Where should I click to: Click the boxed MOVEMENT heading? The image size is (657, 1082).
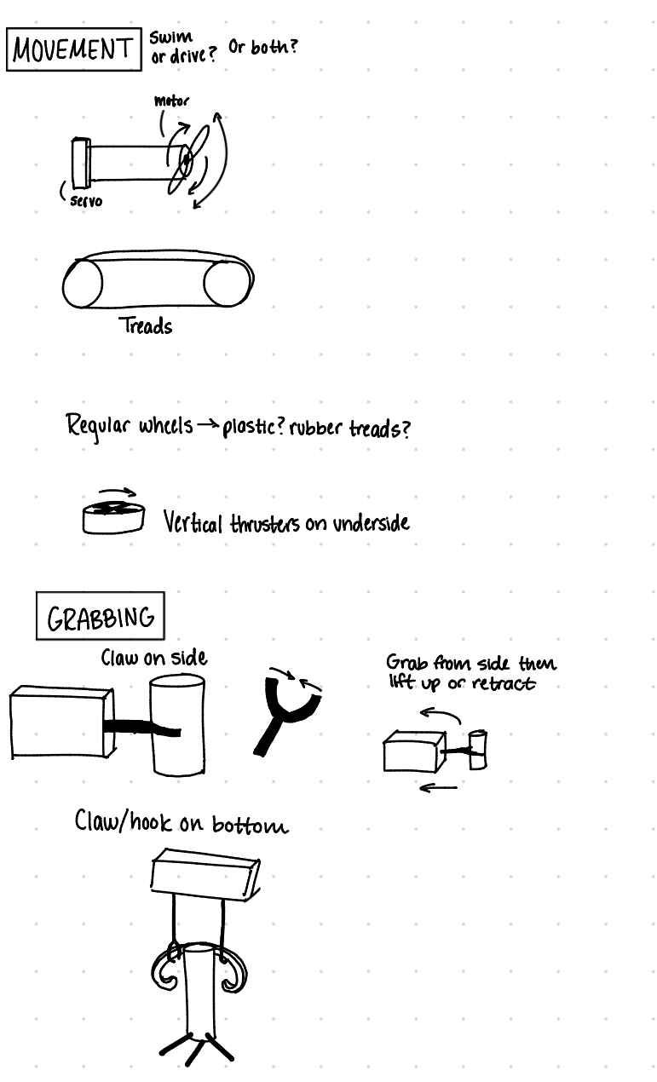click(x=72, y=50)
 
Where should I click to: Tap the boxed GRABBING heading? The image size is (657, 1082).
click(x=100, y=617)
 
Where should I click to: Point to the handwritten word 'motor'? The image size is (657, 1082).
click(x=171, y=101)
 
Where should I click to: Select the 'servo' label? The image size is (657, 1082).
click(x=86, y=201)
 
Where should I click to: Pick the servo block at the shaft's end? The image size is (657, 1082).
click(x=81, y=162)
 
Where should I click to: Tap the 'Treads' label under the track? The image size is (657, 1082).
click(x=146, y=326)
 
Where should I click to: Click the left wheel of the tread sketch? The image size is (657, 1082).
click(x=83, y=285)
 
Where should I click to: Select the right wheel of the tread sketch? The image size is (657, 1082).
click(x=227, y=284)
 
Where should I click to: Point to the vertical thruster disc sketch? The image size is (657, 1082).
click(x=113, y=516)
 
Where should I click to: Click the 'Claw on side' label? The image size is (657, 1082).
click(x=153, y=658)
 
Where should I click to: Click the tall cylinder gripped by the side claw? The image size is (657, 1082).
click(x=176, y=724)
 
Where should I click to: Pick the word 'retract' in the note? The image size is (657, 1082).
click(x=504, y=683)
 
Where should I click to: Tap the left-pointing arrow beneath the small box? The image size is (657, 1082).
click(x=438, y=788)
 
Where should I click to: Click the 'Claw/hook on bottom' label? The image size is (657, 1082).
click(x=181, y=823)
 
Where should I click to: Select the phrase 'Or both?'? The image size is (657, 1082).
click(x=262, y=47)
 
